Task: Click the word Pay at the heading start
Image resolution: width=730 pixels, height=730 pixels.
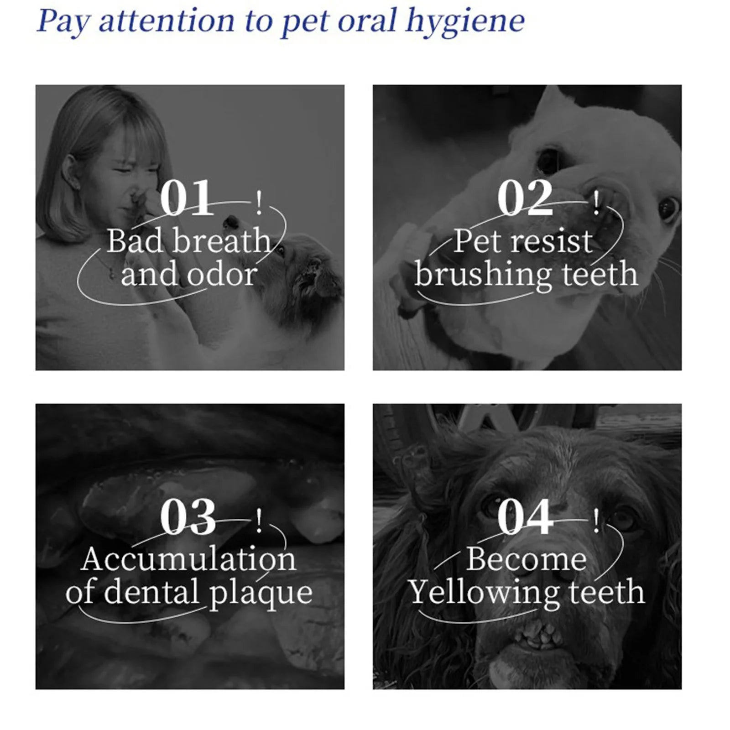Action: coord(63,22)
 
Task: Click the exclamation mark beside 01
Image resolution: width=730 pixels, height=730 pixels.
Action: coord(259,203)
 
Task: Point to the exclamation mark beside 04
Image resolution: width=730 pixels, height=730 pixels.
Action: coord(596,522)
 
